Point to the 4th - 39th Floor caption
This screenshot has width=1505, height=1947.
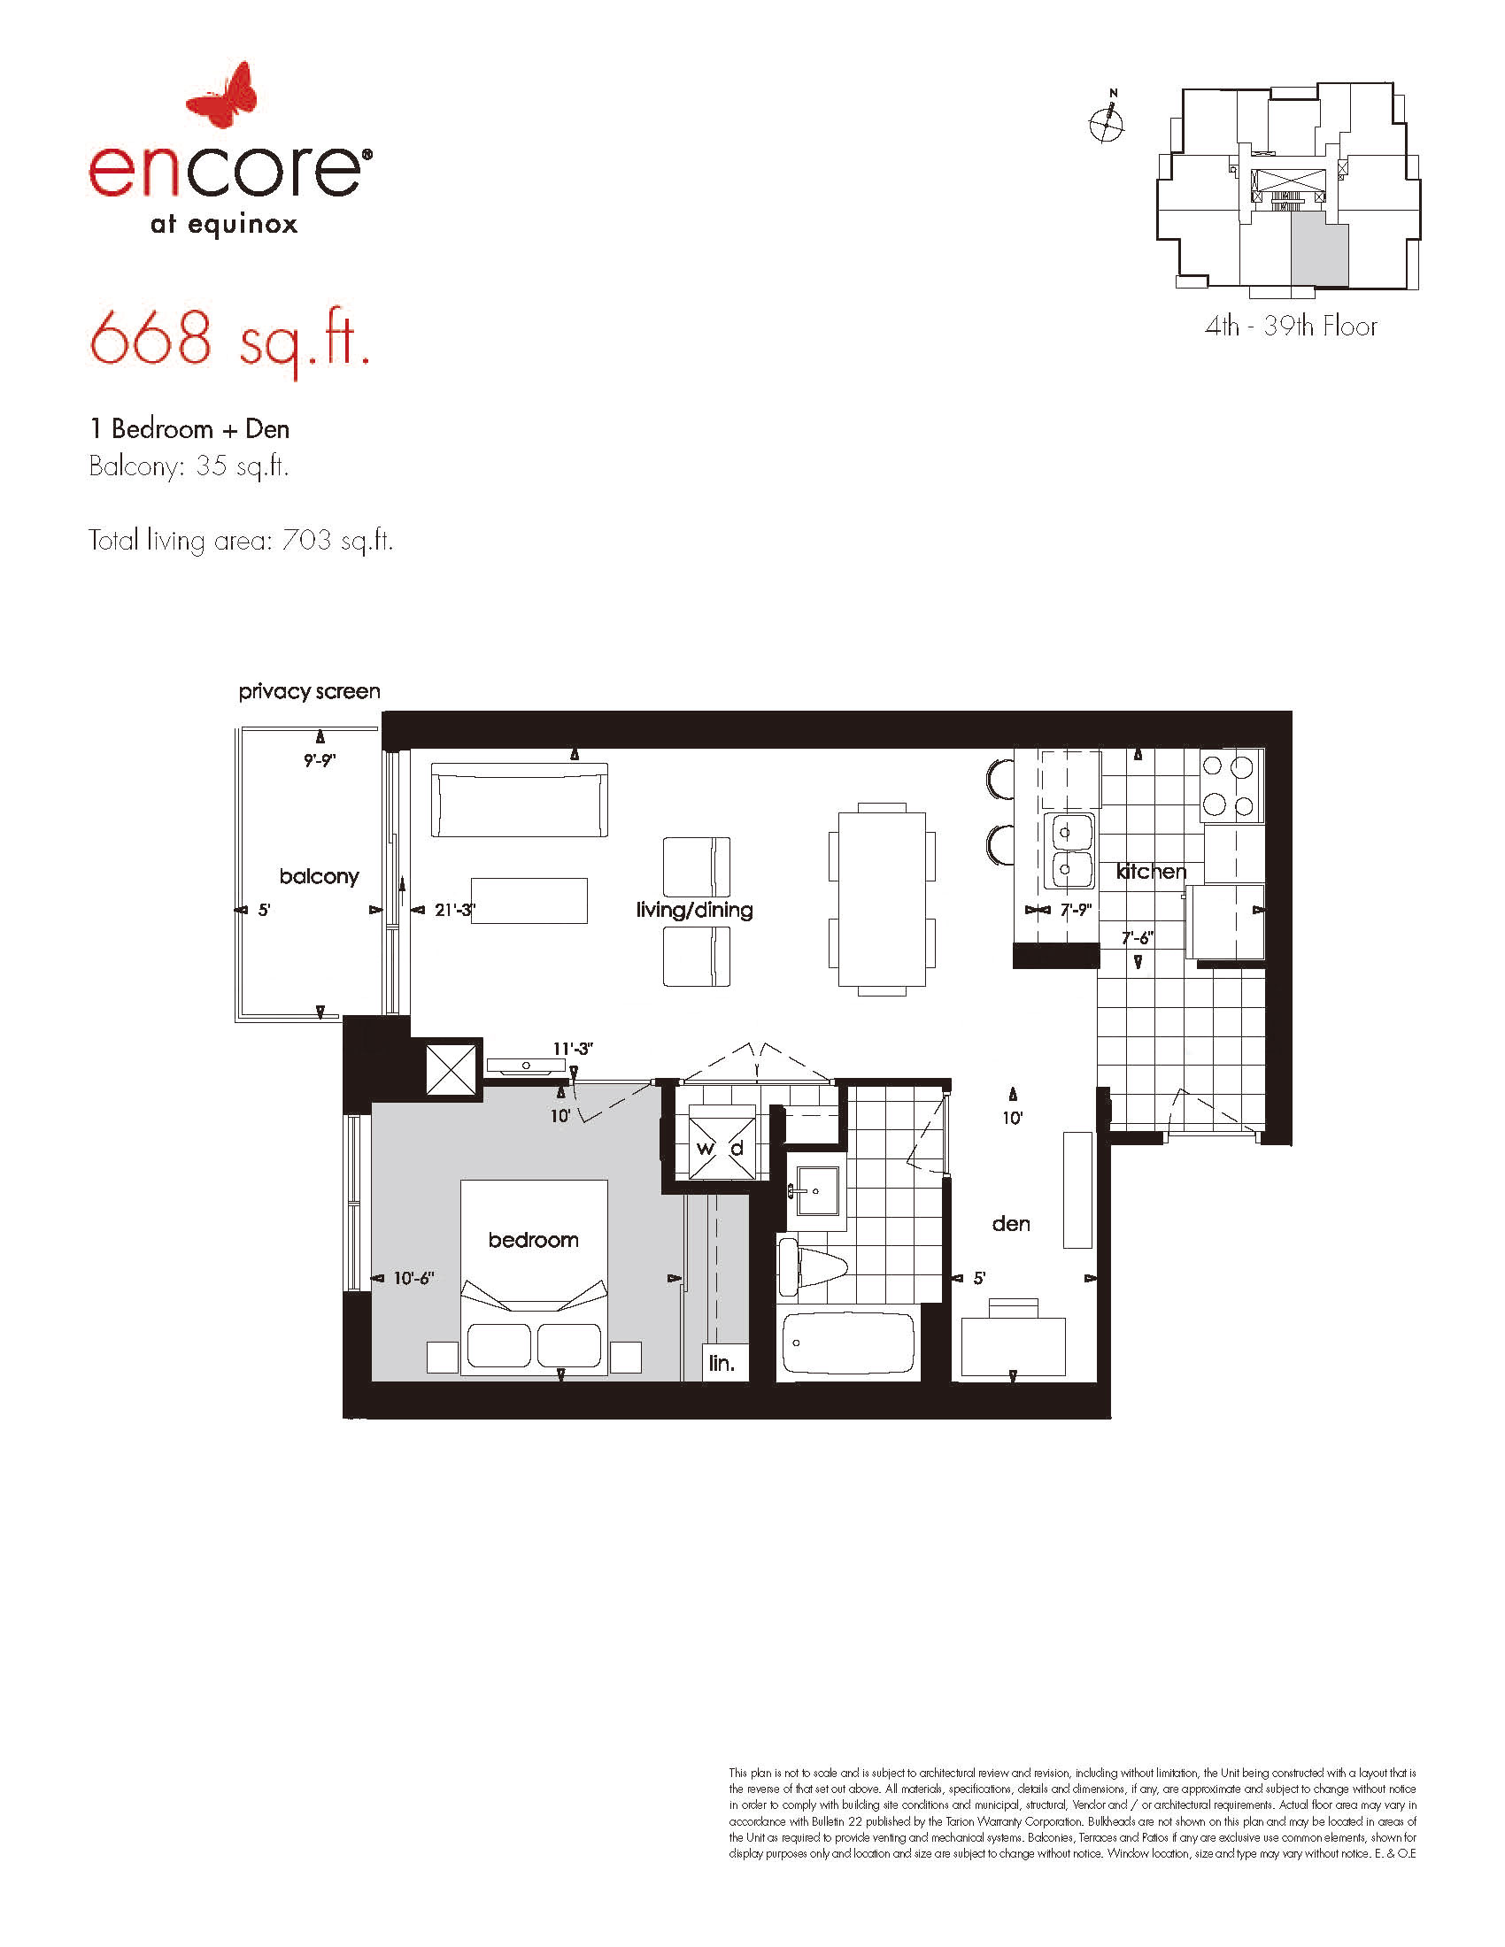point(1290,327)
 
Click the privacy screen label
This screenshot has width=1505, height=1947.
point(309,692)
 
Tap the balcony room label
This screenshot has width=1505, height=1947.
point(320,876)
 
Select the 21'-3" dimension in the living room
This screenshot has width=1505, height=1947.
point(455,910)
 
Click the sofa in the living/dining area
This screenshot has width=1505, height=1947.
point(520,800)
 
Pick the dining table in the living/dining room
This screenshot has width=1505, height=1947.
point(882,899)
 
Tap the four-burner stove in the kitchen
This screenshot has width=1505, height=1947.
point(1231,786)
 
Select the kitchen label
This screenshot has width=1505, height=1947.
point(1151,871)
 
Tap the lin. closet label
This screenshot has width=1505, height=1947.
point(722,1363)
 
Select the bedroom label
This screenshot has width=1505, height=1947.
point(533,1239)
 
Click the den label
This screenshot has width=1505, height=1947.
point(1011,1224)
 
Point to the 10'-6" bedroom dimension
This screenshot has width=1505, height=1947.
point(413,1279)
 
